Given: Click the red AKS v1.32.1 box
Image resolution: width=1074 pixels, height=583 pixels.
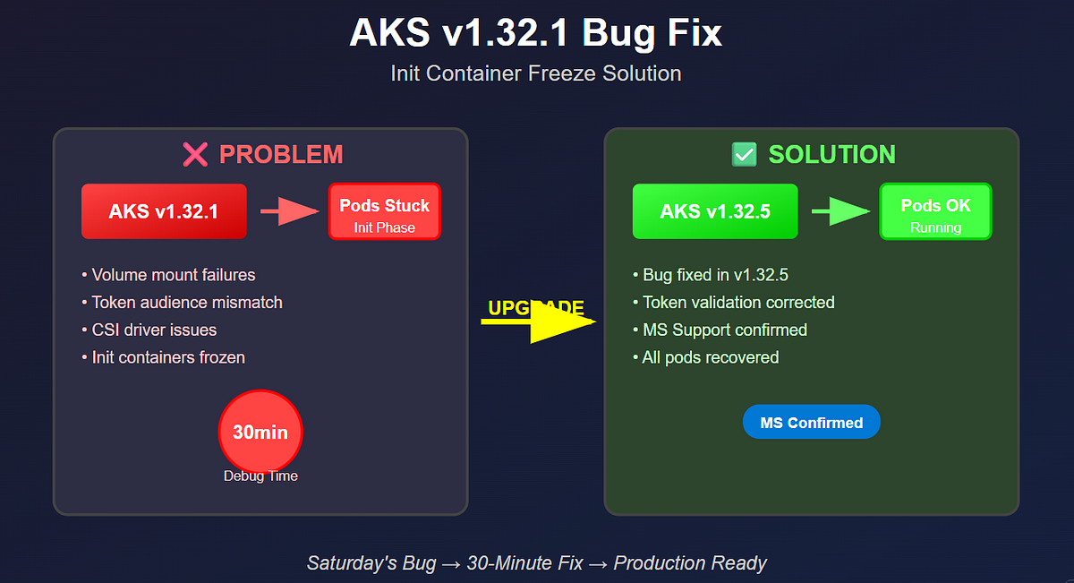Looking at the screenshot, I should tap(164, 211).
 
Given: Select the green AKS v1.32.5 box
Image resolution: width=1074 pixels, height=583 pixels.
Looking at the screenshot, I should tap(714, 211).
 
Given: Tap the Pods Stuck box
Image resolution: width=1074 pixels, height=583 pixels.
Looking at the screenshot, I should tap(384, 211).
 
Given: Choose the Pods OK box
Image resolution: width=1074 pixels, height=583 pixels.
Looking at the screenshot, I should tap(935, 211).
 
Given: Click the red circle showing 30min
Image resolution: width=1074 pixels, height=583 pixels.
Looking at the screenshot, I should tap(260, 432).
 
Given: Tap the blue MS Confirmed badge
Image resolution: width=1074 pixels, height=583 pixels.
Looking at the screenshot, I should tap(811, 422).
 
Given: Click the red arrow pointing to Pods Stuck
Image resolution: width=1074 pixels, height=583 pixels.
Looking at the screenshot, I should tap(289, 211).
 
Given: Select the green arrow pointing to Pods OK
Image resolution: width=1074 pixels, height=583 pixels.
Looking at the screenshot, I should tap(840, 211).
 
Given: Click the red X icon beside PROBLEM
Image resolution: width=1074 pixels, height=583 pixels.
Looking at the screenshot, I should tap(195, 154).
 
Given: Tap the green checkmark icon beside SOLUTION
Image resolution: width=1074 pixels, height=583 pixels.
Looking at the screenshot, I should tap(745, 154).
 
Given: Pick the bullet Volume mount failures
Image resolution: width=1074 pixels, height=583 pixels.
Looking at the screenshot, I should tap(168, 275).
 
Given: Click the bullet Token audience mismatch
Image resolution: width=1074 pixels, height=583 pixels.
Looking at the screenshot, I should tap(182, 303).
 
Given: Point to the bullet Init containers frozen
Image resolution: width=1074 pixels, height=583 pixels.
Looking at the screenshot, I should tap(163, 357).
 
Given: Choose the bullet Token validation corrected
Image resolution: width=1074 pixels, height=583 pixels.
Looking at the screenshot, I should tap(733, 303).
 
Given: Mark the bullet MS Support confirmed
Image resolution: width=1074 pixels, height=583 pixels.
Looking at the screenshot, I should tap(720, 330).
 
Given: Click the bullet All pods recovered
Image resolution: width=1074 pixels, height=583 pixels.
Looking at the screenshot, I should tap(705, 357).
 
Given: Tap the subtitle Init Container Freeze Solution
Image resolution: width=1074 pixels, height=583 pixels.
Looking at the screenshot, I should tap(535, 73).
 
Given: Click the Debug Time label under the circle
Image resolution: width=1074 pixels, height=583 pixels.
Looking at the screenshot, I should tap(260, 476).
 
